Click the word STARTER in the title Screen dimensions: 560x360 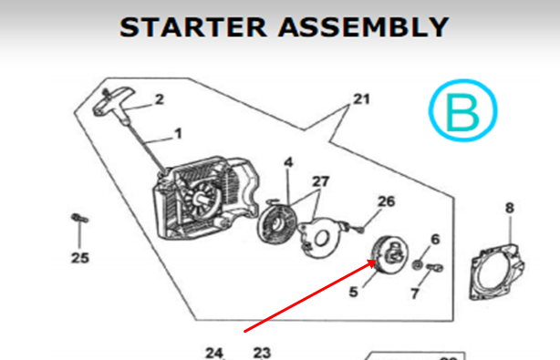[192, 27]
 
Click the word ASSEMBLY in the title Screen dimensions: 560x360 [363, 27]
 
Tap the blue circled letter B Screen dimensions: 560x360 [462, 110]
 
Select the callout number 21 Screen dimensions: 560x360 [361, 98]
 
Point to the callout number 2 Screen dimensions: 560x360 [160, 99]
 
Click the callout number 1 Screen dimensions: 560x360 [178, 134]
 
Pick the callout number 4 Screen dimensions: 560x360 [288, 162]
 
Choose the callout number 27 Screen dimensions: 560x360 [320, 181]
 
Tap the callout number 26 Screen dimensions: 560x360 [387, 201]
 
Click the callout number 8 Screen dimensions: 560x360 [510, 208]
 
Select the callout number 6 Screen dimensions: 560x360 [435, 240]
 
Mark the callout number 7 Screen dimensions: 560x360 [415, 293]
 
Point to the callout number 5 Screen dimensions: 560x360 [353, 292]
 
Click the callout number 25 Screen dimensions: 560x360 [80, 258]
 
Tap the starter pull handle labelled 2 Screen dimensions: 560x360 [114, 102]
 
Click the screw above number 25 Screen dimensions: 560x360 [79, 218]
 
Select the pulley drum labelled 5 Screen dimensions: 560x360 [389, 255]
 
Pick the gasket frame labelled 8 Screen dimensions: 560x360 [497, 272]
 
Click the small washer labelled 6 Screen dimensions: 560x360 [417, 265]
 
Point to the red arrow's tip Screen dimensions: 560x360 [376, 261]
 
